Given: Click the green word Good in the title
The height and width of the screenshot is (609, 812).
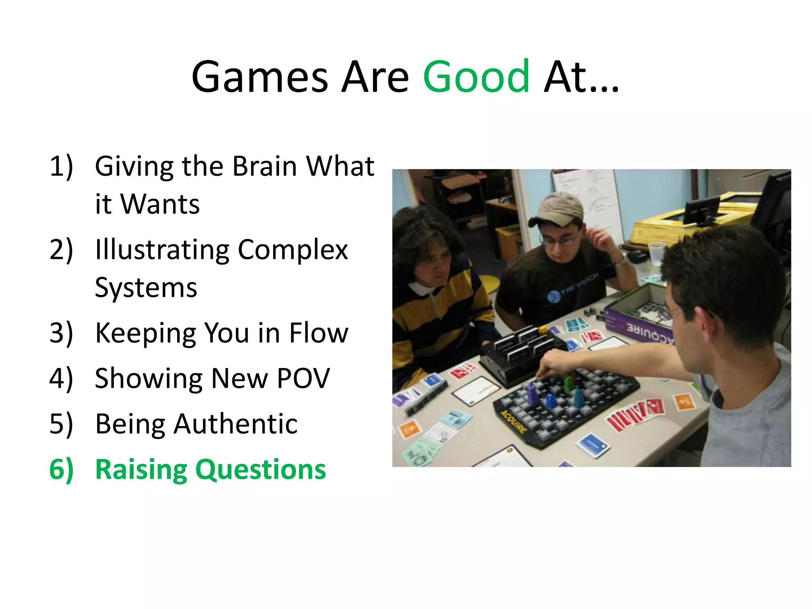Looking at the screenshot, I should pyautogui.click(x=476, y=76).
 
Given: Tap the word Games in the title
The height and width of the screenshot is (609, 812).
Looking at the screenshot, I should pyautogui.click(x=260, y=76).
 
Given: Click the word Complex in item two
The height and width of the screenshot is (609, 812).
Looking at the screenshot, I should pyautogui.click(x=293, y=250).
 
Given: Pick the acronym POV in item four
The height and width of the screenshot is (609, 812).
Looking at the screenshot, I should pyautogui.click(x=303, y=378).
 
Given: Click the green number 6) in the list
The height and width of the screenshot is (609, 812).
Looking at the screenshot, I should pyautogui.click(x=61, y=469).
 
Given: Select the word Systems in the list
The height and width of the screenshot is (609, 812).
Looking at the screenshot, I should pyautogui.click(x=146, y=288).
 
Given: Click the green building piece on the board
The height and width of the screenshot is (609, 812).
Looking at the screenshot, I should pyautogui.click(x=569, y=383).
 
